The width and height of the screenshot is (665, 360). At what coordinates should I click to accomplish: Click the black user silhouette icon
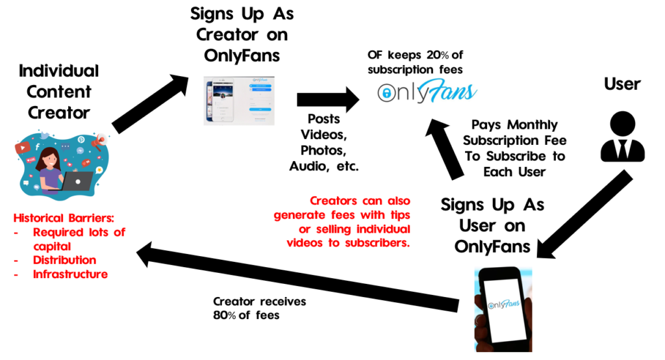tap(623, 136)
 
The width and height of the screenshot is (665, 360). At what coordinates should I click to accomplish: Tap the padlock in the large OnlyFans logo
tap(386, 93)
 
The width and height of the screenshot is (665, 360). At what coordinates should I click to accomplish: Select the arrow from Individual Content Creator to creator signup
tap(151, 103)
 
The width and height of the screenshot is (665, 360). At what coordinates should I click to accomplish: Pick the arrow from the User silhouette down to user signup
tap(584, 214)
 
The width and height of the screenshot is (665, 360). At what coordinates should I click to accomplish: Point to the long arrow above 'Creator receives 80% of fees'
tap(297, 277)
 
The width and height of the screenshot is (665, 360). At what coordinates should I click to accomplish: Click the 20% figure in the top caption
tap(437, 55)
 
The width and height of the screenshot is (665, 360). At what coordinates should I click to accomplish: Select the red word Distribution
tap(64, 260)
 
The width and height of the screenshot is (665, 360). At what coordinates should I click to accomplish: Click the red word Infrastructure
tap(70, 274)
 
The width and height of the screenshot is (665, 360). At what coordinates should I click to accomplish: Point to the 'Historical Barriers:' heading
tap(64, 218)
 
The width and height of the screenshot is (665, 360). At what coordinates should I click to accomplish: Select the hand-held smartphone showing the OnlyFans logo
tap(503, 309)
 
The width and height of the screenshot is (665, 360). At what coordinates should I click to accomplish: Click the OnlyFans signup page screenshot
tap(239, 101)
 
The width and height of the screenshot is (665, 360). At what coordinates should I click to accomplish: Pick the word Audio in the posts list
tap(308, 166)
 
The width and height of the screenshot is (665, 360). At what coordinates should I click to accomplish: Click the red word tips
tap(400, 215)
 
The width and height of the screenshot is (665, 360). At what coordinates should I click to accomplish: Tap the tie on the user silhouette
tap(623, 149)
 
